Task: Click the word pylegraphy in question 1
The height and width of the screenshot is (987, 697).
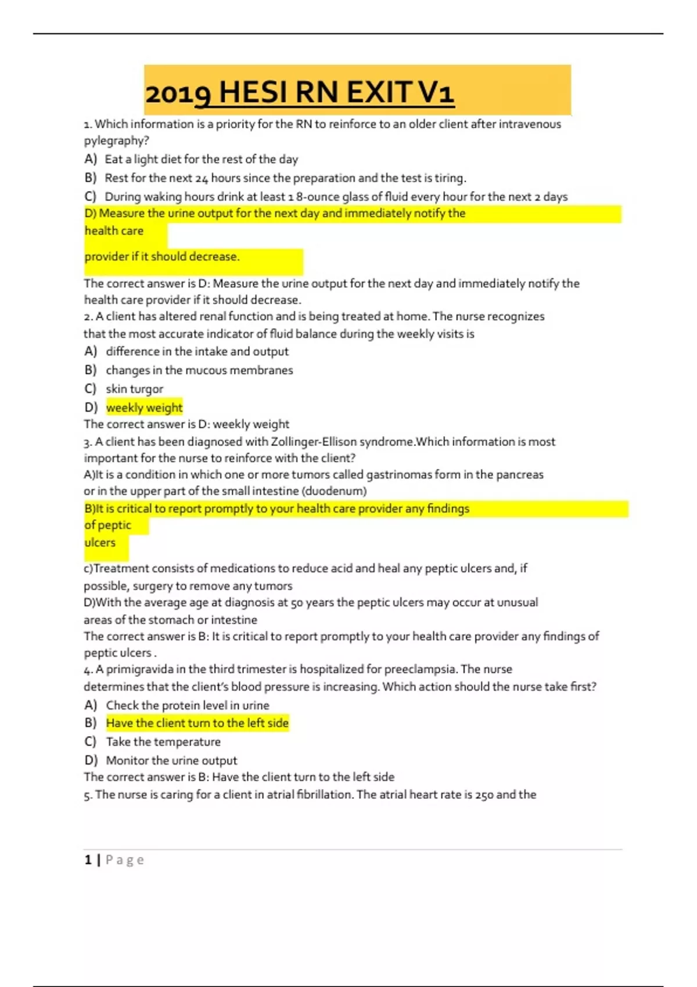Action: click(x=113, y=141)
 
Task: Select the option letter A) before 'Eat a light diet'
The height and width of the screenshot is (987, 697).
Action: click(x=90, y=159)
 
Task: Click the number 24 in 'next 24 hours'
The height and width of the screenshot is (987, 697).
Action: click(x=201, y=178)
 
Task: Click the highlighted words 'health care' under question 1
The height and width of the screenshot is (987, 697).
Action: click(x=114, y=231)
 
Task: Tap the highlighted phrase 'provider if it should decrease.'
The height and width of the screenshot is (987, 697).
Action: click(x=162, y=257)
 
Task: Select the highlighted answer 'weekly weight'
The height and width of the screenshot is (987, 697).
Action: click(x=144, y=408)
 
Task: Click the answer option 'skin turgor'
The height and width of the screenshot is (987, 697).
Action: click(x=134, y=389)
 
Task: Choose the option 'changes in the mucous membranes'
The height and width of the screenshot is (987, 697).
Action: click(x=199, y=370)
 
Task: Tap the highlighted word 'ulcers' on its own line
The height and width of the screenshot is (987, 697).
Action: click(x=100, y=543)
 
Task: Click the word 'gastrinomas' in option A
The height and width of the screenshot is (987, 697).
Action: click(x=398, y=475)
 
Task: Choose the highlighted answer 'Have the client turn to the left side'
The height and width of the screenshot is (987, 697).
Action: click(x=197, y=723)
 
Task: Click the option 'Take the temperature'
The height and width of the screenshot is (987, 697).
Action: click(x=163, y=742)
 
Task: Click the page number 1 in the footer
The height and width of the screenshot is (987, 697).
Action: click(x=88, y=860)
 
